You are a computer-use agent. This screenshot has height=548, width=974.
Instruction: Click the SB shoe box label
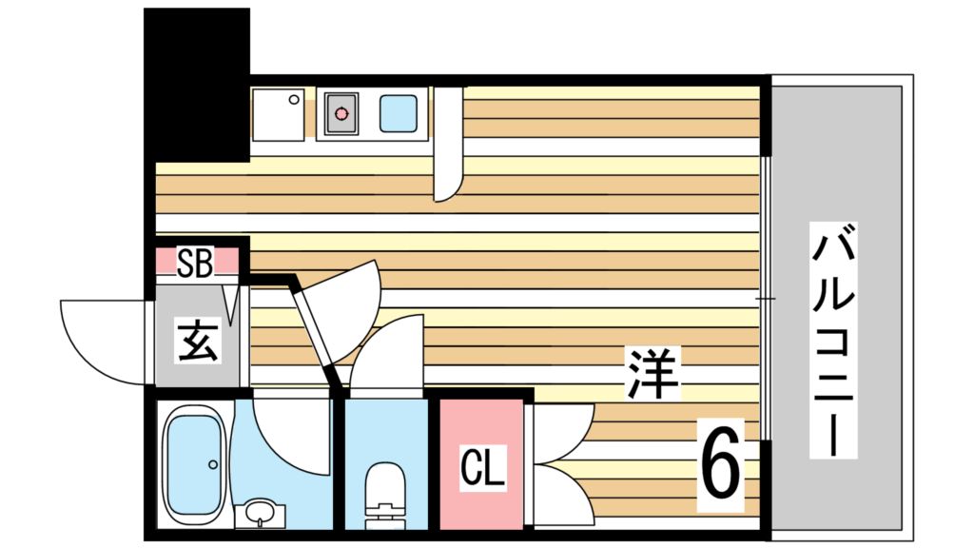coord(195,263)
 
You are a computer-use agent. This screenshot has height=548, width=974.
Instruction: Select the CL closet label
coord(482,467)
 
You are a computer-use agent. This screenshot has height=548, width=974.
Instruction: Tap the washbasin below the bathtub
coord(259,514)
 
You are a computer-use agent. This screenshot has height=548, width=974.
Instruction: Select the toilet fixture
coord(385,495)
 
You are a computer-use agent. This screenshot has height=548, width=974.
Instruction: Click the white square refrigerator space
coord(278,114)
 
